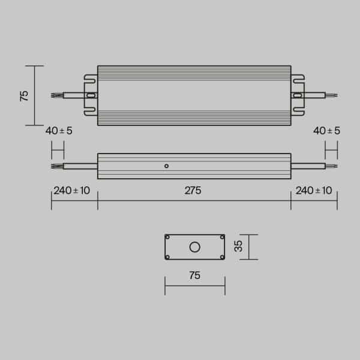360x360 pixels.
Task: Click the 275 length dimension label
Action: tap(193, 191)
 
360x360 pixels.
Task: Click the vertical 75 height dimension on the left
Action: tap(25, 96)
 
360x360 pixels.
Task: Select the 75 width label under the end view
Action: tap(194, 276)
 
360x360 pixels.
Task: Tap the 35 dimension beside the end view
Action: tap(238, 247)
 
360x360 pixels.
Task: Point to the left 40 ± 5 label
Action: tap(58, 131)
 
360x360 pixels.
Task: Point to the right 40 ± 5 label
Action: tap(326, 131)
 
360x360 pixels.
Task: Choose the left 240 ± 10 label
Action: tap(72, 191)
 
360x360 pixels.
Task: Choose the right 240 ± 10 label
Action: tap(314, 191)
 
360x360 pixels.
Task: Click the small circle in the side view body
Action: tap(167, 166)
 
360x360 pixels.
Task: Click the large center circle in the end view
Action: tap(194, 247)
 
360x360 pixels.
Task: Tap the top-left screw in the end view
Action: tap(168, 237)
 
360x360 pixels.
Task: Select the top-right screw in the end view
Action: tap(221, 237)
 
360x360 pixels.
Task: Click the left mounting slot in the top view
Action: tap(91, 95)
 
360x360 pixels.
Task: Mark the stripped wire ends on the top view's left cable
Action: tap(56, 95)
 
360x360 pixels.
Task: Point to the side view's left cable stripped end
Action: tap(56, 166)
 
